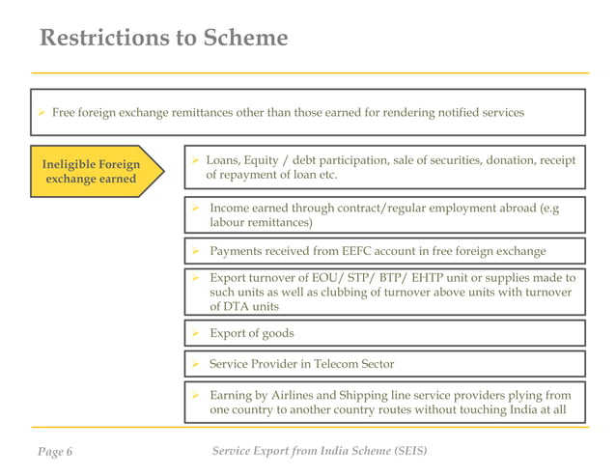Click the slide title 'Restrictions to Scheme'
click(163, 39)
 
